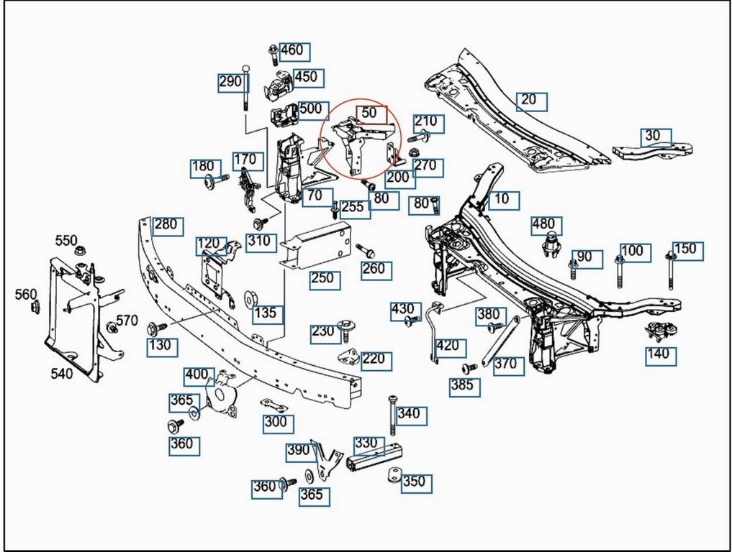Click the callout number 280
(164, 225)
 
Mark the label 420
(447, 346)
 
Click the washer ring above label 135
(252, 297)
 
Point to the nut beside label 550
(80, 252)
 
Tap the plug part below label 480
(551, 246)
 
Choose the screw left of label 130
(155, 328)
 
